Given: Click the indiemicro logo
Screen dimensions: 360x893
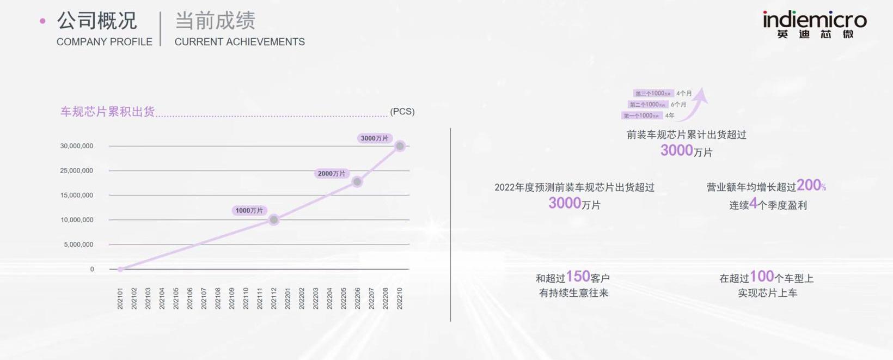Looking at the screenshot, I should click(x=815, y=25).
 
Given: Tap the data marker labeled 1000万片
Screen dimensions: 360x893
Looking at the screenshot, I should click(x=274, y=219).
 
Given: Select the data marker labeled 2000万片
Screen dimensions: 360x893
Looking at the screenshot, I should click(x=357, y=182).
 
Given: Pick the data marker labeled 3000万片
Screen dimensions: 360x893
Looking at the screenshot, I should click(x=400, y=146).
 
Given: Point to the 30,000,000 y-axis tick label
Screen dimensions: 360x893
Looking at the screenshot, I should click(x=77, y=146).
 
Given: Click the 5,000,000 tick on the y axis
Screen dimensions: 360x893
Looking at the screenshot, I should click(x=78, y=245).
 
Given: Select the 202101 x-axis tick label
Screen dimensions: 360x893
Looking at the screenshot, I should click(x=120, y=298).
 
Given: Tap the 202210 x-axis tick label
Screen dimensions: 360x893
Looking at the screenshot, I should click(x=400, y=298).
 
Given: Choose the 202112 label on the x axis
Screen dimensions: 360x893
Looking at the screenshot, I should click(x=274, y=298).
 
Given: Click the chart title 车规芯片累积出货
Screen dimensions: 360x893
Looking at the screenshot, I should click(x=108, y=112).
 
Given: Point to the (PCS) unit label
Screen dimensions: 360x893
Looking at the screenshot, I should click(x=402, y=112).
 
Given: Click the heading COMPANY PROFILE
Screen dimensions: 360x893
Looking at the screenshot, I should click(x=105, y=42).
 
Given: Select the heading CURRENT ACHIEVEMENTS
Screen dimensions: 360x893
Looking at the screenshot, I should click(x=240, y=42).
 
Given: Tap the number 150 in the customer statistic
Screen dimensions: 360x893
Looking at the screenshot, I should click(x=578, y=277).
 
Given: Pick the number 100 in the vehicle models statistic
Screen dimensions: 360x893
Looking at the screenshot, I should click(x=762, y=277).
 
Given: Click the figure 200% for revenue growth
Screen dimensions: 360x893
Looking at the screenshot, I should click(x=811, y=186).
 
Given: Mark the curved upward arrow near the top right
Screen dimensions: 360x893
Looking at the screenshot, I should click(x=696, y=104).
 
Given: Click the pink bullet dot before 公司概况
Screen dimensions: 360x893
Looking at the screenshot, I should click(x=43, y=21).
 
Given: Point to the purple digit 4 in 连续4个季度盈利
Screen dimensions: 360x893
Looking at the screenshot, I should click(x=753, y=204).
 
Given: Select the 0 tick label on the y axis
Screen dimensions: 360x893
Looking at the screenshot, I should click(x=92, y=269).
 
